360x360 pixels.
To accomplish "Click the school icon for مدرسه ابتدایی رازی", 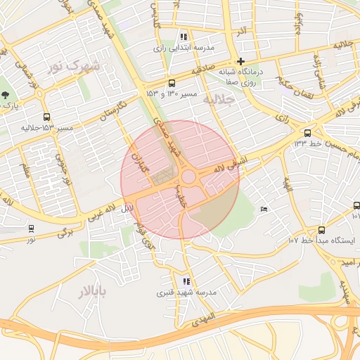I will pos(184,37).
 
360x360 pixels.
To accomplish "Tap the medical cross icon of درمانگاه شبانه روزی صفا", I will pos(240,61).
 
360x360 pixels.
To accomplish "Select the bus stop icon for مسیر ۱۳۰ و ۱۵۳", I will pos(172,82).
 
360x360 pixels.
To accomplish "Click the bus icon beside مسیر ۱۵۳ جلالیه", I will pos(46,117).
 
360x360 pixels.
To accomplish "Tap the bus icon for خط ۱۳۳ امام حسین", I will pos(307,133).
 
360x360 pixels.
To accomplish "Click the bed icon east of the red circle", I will pos(264,208).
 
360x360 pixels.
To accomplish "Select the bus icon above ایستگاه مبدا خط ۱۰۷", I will pos(321,229).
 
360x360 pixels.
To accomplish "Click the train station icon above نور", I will pos(31,229).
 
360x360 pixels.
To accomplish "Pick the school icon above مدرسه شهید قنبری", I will pos(186,281).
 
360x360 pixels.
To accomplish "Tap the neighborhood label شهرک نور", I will pos(73,65).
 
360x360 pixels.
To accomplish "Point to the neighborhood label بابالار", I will pos(91,291).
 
